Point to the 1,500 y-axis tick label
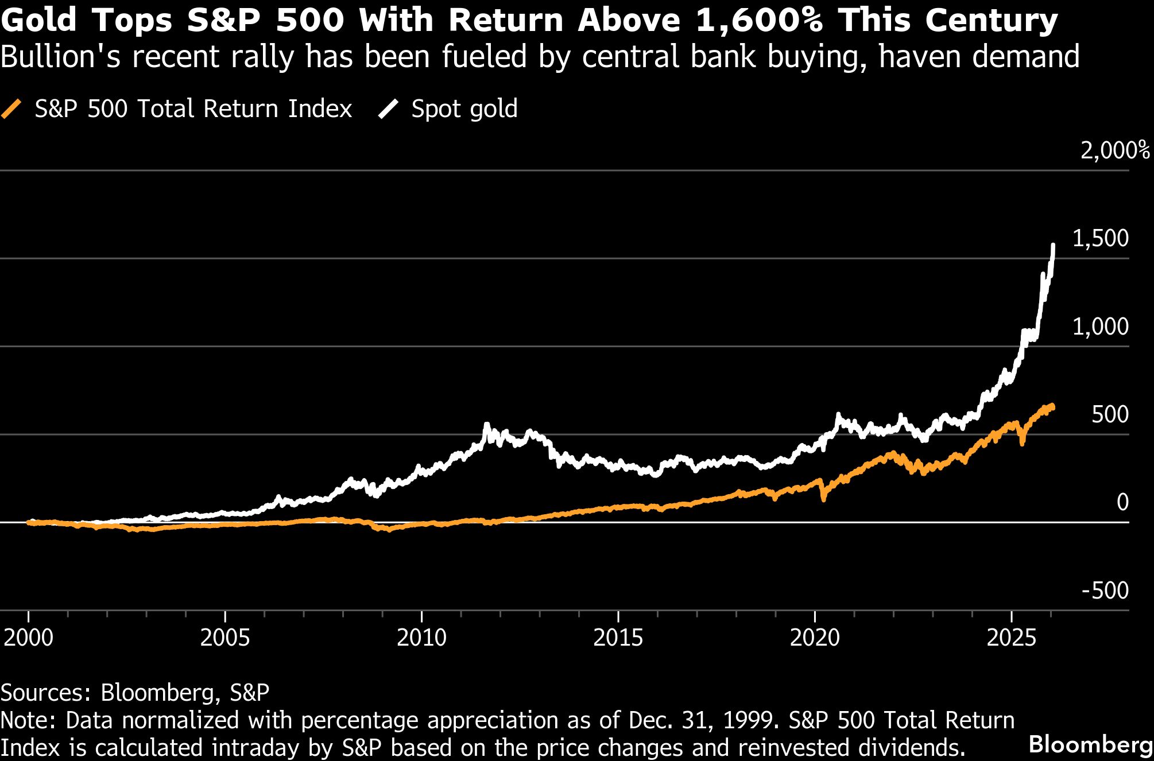[x=1100, y=239]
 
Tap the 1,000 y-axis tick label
[x=1100, y=327]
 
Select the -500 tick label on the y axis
[x=1105, y=591]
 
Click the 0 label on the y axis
[x=1122, y=503]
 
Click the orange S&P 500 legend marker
[x=11, y=108]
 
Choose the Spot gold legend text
[x=464, y=108]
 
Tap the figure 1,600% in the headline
[x=760, y=21]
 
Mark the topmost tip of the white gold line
[x=1053, y=245]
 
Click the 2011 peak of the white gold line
[x=487, y=425]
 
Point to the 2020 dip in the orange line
[x=823, y=499]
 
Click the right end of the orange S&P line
[x=1052, y=407]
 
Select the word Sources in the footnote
[x=46, y=693]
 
